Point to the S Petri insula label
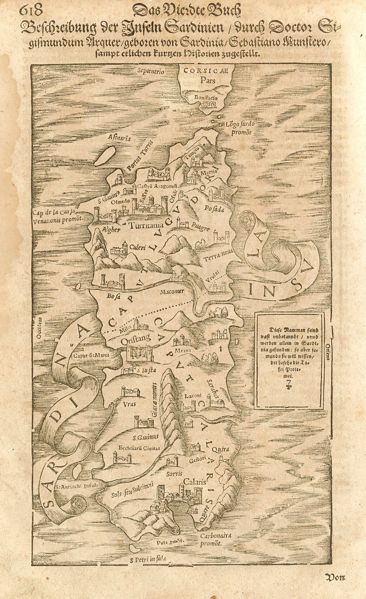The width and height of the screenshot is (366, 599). click(x=148, y=559)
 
